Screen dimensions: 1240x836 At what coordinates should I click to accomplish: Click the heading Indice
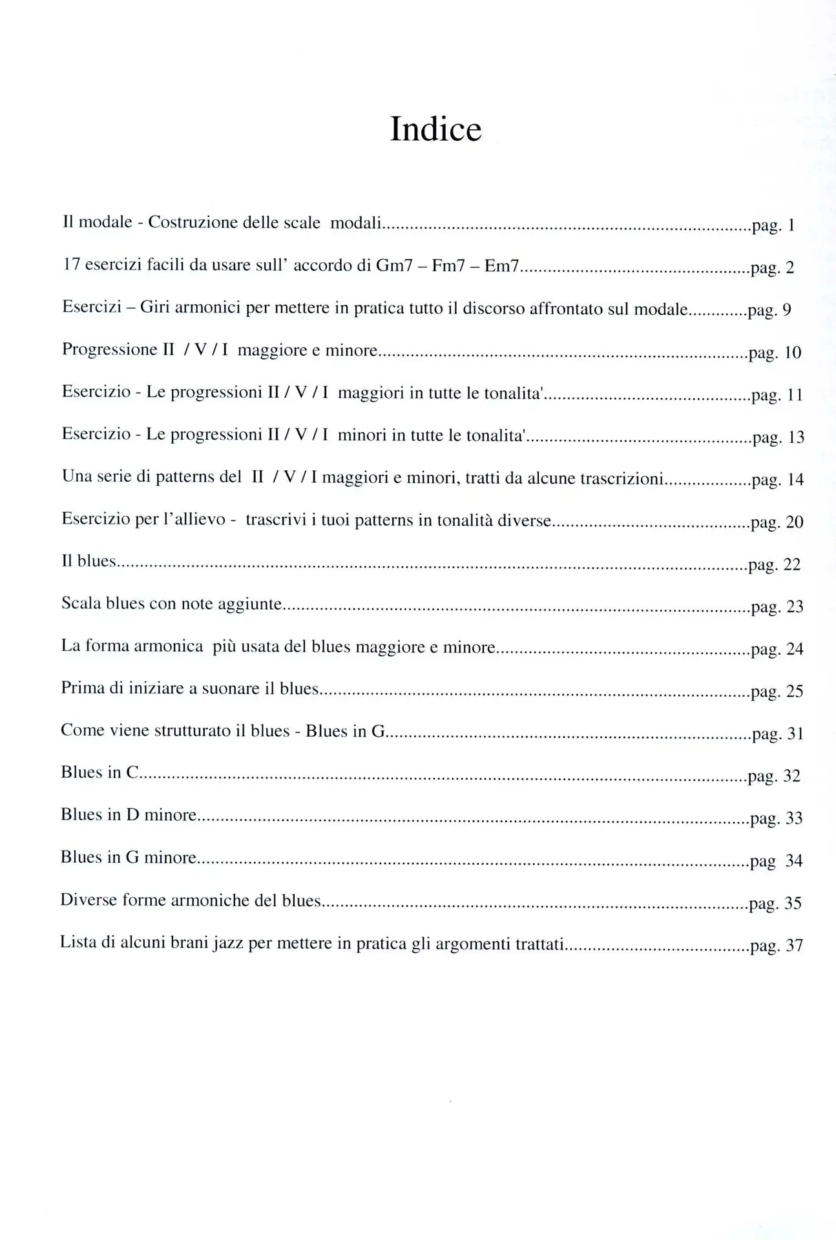coord(435,129)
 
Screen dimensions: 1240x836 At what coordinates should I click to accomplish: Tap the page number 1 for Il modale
coord(791,226)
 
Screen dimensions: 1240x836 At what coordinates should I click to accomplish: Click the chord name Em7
coord(501,266)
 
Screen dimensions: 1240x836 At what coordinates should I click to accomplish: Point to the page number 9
coord(786,310)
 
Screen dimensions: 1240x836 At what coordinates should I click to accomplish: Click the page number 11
coord(794,395)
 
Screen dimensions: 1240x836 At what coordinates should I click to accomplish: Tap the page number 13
coord(796,437)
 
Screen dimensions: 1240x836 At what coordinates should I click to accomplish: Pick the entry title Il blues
coord(89,561)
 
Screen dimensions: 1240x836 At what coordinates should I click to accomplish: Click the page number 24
coord(795,649)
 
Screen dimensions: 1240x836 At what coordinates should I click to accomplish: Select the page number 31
coord(795,734)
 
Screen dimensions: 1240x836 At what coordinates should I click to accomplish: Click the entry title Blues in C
coord(100,773)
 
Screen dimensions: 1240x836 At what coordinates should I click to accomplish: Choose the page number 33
coord(793,818)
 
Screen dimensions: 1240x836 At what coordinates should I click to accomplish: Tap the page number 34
coord(793,861)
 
